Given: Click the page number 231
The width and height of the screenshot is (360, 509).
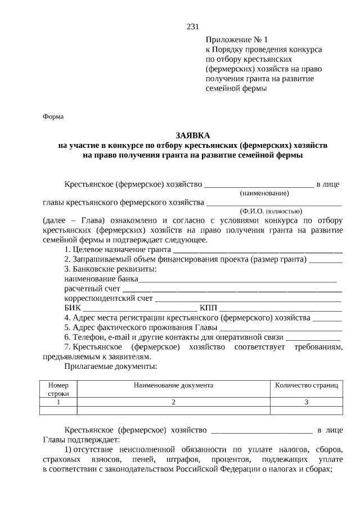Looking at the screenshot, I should pyautogui.click(x=192, y=26).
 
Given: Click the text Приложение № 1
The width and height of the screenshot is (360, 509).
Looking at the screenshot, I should pyautogui.click(x=237, y=40).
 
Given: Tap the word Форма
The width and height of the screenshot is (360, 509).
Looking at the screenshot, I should pyautogui.click(x=53, y=116).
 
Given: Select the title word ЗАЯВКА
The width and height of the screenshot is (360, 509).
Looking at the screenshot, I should pyautogui.click(x=192, y=136).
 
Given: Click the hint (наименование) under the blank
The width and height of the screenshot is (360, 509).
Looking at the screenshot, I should pyautogui.click(x=256, y=193).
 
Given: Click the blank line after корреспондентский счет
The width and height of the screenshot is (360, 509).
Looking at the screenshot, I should pyautogui.click(x=248, y=299).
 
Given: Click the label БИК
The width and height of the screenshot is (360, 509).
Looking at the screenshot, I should pyautogui.click(x=73, y=308).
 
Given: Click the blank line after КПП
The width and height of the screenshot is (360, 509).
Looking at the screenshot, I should pyautogui.click(x=280, y=309).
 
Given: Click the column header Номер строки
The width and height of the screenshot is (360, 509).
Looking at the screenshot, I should pyautogui.click(x=58, y=390).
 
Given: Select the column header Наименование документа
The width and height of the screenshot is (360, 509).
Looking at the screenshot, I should pyautogui.click(x=173, y=386).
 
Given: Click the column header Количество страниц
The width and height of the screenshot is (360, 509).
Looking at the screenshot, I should pyautogui.click(x=306, y=386).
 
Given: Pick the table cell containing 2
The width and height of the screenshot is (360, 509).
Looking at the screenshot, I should pyautogui.click(x=173, y=402).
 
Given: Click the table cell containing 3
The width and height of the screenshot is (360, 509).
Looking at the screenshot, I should pyautogui.click(x=306, y=402).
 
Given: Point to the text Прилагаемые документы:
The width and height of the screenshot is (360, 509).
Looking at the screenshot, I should pyautogui.click(x=110, y=366).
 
